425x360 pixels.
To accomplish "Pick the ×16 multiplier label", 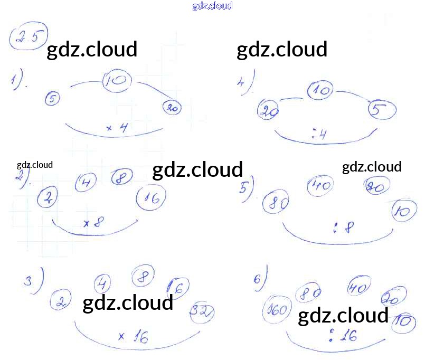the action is tap(134, 336).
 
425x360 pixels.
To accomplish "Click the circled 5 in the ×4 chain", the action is tap(52, 98).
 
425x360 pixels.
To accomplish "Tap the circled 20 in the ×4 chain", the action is tap(172, 108).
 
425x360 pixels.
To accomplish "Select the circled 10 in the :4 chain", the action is tap(320, 91).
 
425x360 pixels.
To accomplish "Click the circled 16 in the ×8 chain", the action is tap(151, 198).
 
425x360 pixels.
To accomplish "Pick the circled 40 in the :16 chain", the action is tap(359, 288).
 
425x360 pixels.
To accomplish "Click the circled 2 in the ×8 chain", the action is tap(48, 198).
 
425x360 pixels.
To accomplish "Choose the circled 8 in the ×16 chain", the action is tap(143, 276).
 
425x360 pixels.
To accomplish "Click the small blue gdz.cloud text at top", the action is tap(212, 6).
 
